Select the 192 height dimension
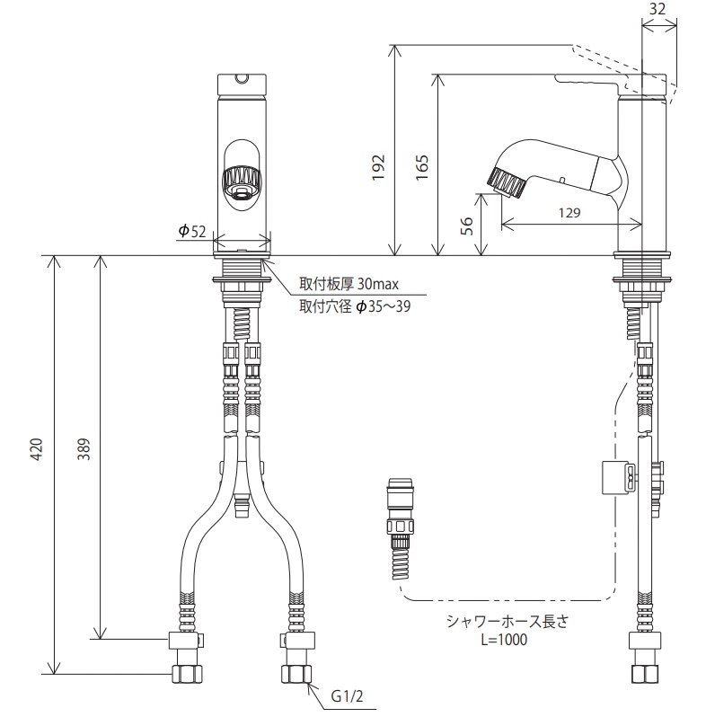coord(379,164)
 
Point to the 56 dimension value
coord(465,225)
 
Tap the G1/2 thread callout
coord(348,696)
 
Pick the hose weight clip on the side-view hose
coord(613,477)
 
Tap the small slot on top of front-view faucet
coord(240,79)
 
